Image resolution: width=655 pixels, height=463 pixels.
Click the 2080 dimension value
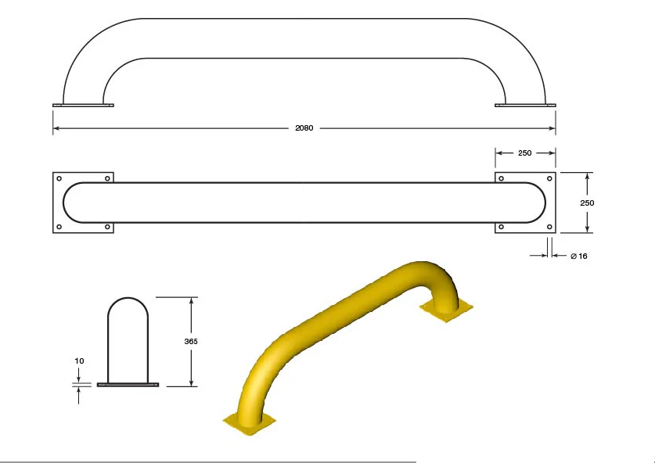point(304,128)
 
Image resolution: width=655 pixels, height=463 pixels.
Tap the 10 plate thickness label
point(79,361)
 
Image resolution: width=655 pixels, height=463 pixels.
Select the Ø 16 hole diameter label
point(579,256)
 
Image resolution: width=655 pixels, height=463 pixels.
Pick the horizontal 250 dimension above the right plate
point(525,153)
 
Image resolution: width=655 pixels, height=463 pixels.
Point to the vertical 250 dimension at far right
point(587,203)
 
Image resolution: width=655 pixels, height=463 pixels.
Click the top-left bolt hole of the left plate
point(59,179)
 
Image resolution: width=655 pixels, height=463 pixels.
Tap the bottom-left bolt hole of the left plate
point(59,227)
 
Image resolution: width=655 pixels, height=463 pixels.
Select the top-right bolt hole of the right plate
point(549,179)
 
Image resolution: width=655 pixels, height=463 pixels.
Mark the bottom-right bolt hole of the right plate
point(549,227)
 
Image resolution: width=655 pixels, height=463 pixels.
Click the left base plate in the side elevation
point(83,105)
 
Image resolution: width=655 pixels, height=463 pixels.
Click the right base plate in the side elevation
point(525,105)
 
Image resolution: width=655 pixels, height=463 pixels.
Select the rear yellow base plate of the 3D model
point(446,308)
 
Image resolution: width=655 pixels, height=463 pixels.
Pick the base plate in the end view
point(128,385)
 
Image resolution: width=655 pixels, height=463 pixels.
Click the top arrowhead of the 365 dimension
point(191,300)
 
